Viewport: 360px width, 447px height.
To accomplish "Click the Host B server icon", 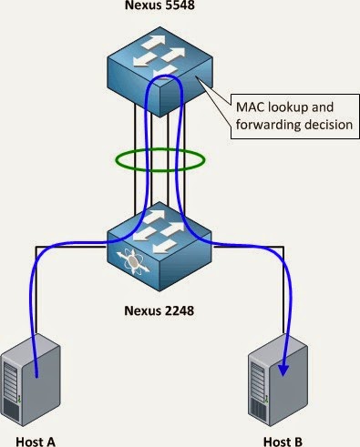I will tap(278, 378).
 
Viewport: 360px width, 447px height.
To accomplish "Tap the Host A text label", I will tap(33, 441).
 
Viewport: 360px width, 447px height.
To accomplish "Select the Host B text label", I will tap(281, 441).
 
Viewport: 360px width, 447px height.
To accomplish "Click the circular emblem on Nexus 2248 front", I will tap(137, 261).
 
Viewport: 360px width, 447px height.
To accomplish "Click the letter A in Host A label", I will tap(51, 441).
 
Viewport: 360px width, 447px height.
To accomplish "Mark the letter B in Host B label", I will tap(299, 441).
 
